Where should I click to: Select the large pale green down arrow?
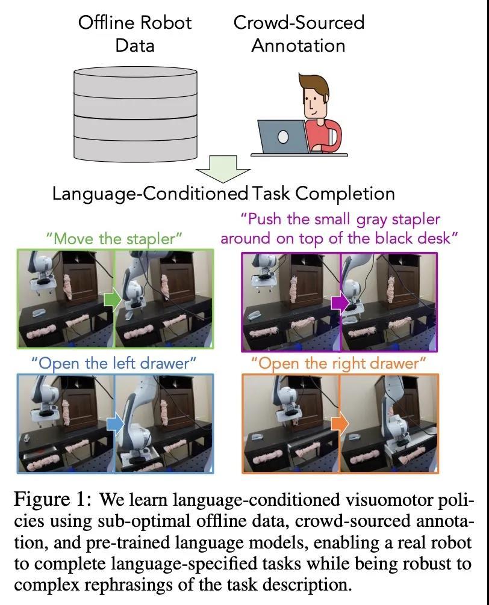[223, 169]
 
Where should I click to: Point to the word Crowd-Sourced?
[299, 22]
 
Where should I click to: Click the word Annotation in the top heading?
[298, 46]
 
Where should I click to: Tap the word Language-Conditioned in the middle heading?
[151, 194]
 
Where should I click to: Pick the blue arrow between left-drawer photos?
[115, 424]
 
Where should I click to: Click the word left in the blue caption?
[124, 363]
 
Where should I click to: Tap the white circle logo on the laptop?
[283, 137]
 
